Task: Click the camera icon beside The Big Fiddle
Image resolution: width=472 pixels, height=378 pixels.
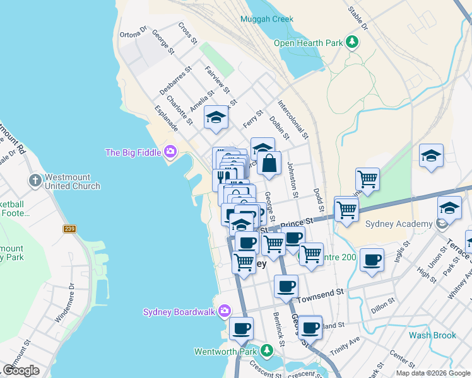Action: point(170,152)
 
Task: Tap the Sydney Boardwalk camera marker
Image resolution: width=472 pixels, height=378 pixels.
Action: point(224,311)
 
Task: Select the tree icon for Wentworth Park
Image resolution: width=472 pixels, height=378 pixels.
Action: point(266,350)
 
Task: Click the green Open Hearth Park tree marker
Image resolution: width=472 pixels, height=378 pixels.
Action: point(352,43)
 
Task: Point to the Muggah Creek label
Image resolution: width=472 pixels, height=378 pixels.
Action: point(266,19)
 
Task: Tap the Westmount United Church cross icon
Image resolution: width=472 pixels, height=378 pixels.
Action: point(35,181)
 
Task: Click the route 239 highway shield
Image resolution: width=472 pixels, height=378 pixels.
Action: point(69,229)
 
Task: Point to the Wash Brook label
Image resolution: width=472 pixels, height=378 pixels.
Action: point(432,335)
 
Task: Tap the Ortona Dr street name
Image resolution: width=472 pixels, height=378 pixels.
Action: point(133,31)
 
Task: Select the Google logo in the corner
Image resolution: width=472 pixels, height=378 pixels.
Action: point(21,370)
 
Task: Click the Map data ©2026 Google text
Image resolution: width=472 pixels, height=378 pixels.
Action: point(432,373)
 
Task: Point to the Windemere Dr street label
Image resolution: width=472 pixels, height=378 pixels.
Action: point(64,303)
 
